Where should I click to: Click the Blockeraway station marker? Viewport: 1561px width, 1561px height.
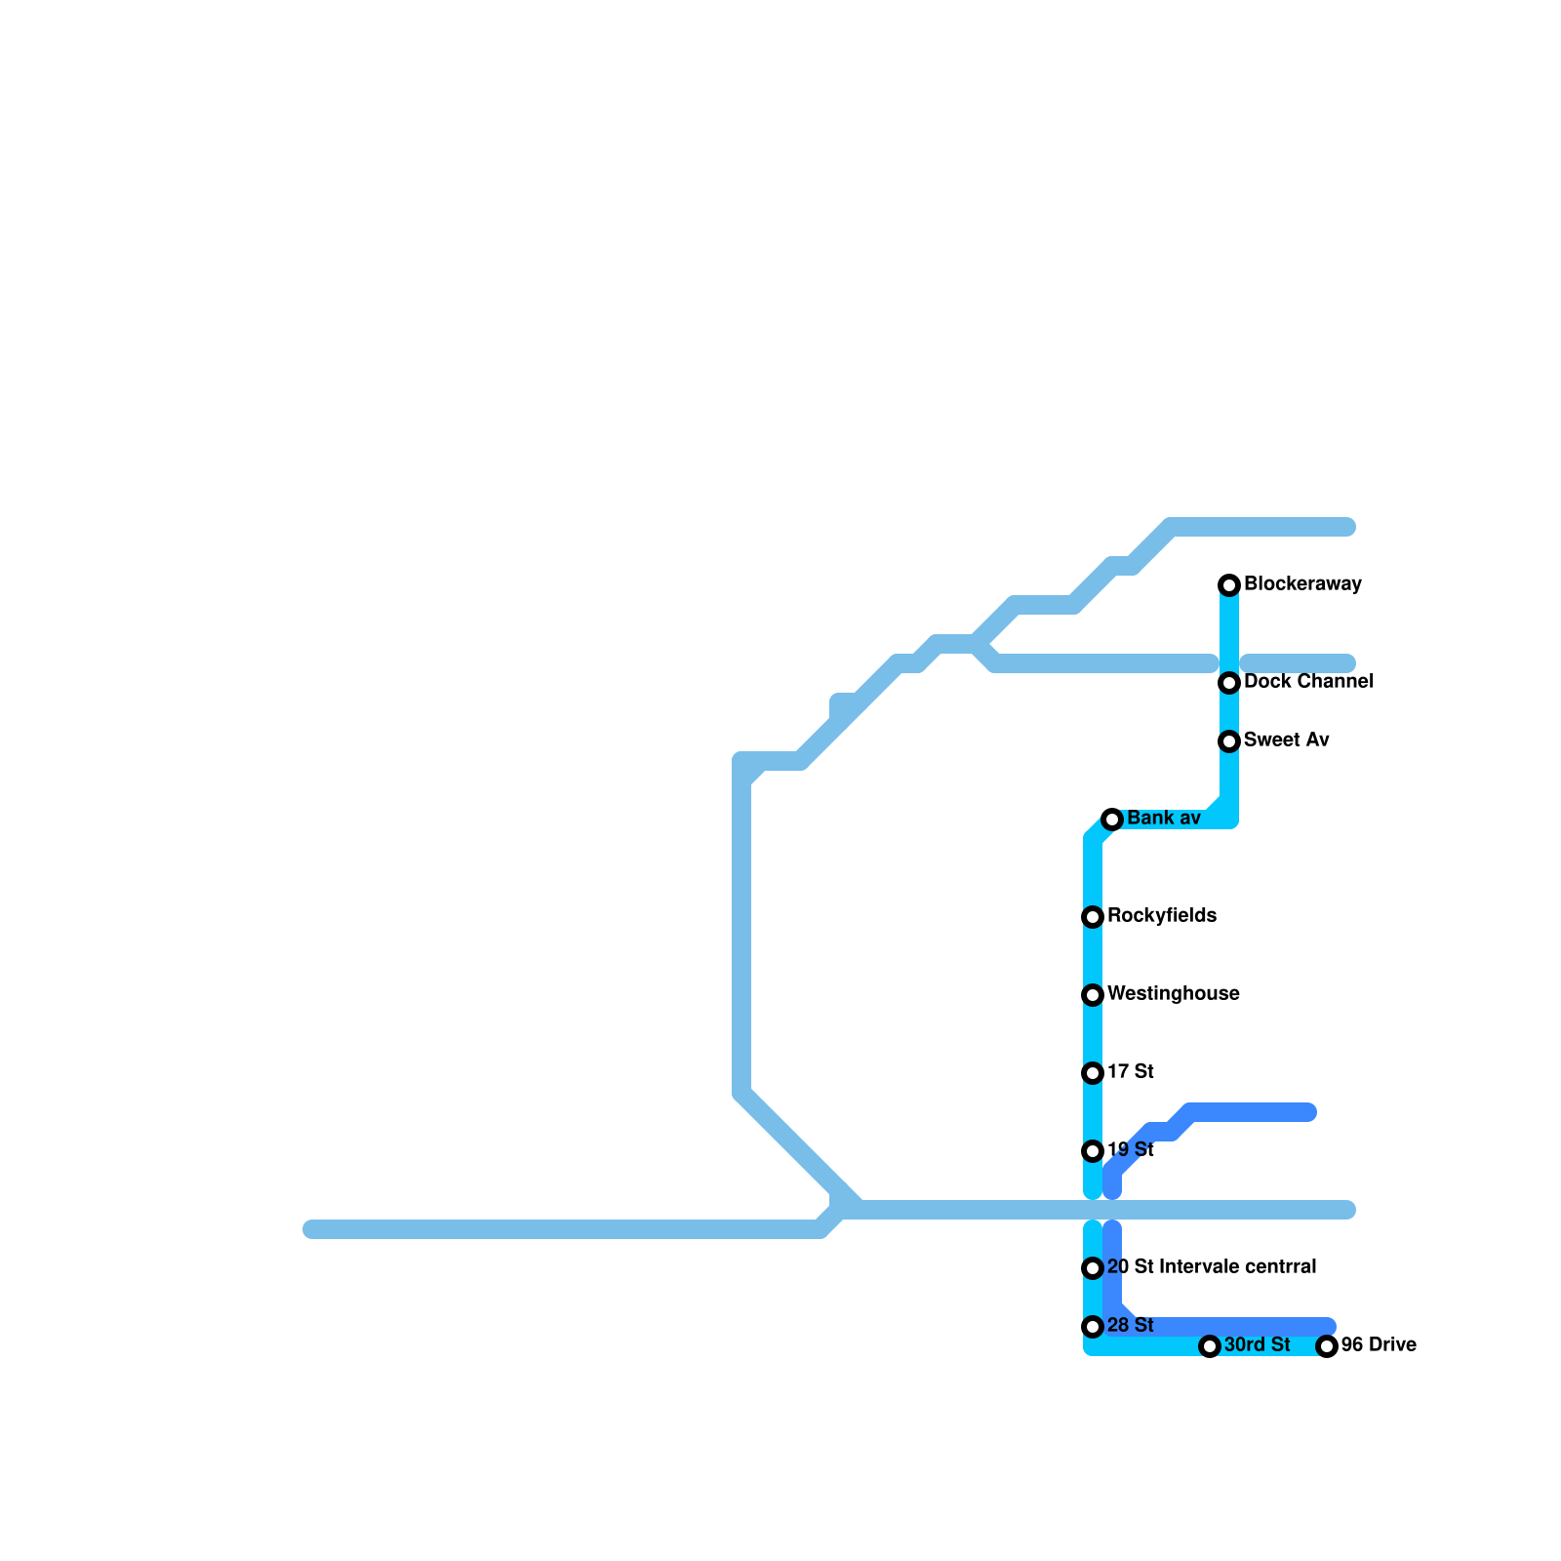[1229, 585]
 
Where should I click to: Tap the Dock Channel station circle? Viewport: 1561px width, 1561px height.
[1229, 683]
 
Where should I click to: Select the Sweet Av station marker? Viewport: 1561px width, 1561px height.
[1229, 741]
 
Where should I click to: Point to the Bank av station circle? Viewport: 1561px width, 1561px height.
[1112, 820]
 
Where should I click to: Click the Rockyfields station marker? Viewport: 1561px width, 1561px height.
[1093, 917]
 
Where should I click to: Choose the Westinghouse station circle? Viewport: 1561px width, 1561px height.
[1093, 995]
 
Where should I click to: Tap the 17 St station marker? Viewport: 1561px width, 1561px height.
[1093, 1073]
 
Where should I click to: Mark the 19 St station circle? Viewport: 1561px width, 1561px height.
[1093, 1151]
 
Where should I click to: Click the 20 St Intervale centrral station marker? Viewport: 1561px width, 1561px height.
[1093, 1268]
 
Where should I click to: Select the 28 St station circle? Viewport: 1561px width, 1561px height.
[1093, 1327]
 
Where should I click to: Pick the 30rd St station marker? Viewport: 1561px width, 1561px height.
[1210, 1346]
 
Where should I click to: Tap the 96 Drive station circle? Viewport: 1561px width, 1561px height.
[1327, 1346]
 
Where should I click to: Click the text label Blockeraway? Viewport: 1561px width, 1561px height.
[1302, 584]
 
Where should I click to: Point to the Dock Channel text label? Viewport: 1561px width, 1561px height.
[1308, 682]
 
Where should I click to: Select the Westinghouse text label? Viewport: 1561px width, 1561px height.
[1173, 994]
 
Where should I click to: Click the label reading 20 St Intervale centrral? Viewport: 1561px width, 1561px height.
[1212, 1267]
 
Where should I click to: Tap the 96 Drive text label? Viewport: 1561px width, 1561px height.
[1379, 1345]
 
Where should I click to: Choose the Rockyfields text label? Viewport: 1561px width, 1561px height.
[1161, 916]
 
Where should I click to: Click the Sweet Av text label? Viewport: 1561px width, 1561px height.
[1286, 740]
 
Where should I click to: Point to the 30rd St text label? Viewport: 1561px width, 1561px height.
[1257, 1345]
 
